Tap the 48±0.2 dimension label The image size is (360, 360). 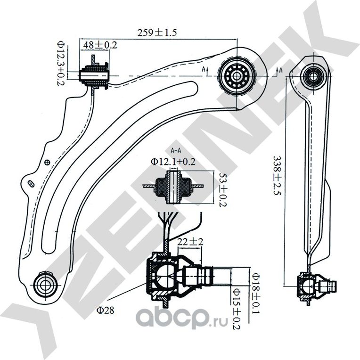tap(100, 45)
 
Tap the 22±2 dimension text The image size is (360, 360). tap(190, 242)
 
